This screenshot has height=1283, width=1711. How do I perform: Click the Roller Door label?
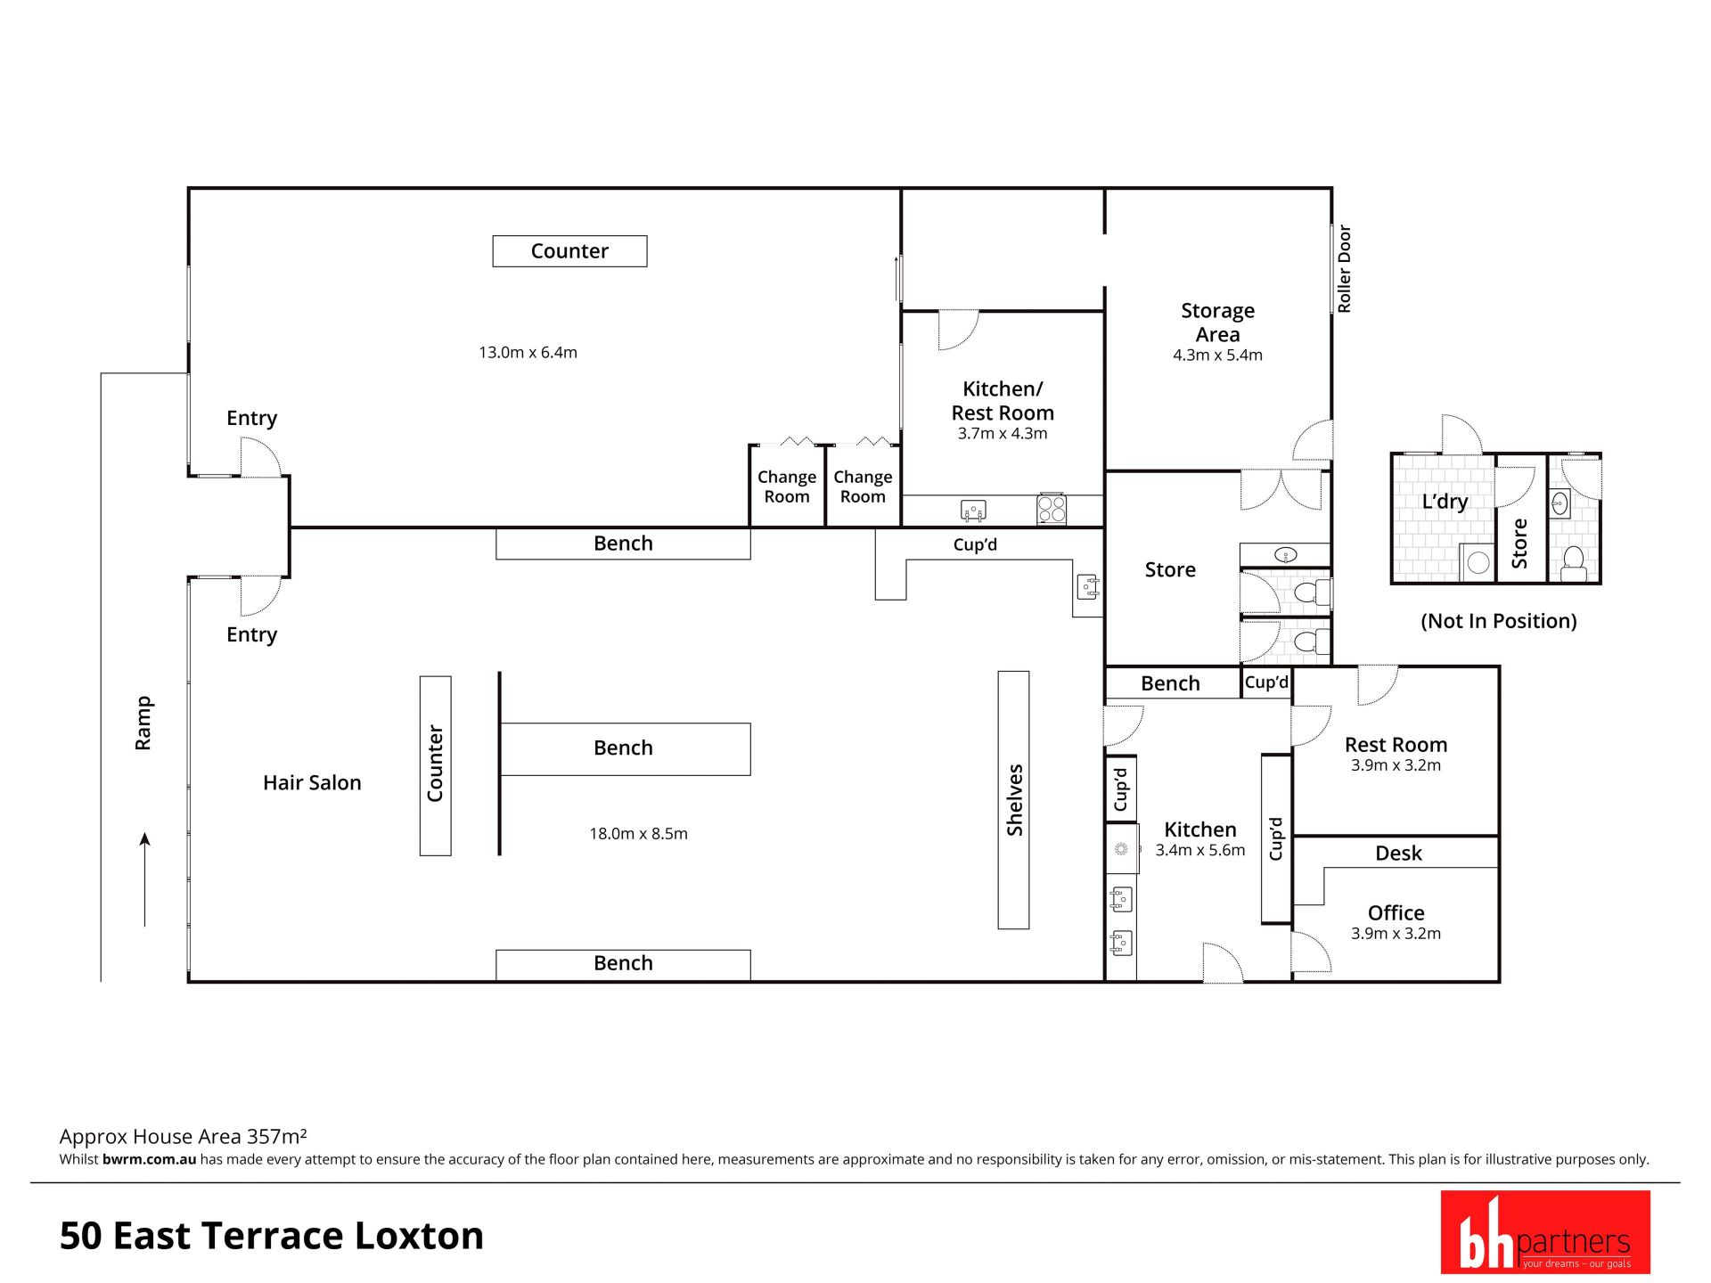click(x=1344, y=268)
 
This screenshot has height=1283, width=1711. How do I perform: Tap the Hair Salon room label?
click(x=312, y=782)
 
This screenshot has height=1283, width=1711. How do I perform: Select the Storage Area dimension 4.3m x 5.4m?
click(x=1217, y=355)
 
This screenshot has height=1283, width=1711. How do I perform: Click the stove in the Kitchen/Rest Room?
click(x=1052, y=509)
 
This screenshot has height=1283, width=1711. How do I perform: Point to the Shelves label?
click(x=1014, y=800)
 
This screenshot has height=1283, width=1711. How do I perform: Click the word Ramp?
click(x=143, y=723)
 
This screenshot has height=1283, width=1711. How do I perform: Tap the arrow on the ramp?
click(x=144, y=879)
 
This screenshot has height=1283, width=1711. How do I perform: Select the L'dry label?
click(x=1445, y=502)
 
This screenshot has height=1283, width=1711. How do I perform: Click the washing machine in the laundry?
click(x=1478, y=562)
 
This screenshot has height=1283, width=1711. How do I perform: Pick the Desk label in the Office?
click(x=1398, y=854)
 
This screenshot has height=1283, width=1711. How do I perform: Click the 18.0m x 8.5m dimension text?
click(x=638, y=834)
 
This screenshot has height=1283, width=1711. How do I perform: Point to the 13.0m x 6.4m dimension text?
click(x=528, y=353)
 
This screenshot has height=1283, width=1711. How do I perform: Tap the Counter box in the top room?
click(x=569, y=251)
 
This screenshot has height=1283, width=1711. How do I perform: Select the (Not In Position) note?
click(x=1498, y=621)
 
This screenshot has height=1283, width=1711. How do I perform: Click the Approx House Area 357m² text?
click(x=183, y=1136)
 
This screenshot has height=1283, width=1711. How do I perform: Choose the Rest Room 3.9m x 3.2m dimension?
click(x=1396, y=765)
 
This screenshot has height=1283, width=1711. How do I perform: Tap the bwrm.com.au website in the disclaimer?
click(x=149, y=1159)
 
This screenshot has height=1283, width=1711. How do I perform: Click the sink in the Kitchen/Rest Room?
click(x=973, y=511)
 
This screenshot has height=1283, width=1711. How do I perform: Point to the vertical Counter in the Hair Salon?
click(x=436, y=766)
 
